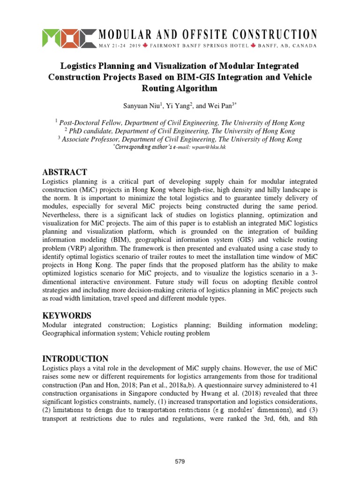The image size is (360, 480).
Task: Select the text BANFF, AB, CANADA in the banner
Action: (288, 46)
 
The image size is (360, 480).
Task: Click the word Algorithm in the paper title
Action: (180, 88)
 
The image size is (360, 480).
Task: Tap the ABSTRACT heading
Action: (65, 172)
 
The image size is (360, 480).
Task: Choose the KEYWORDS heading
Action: (67, 315)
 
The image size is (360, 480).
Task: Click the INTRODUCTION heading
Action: (75, 359)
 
